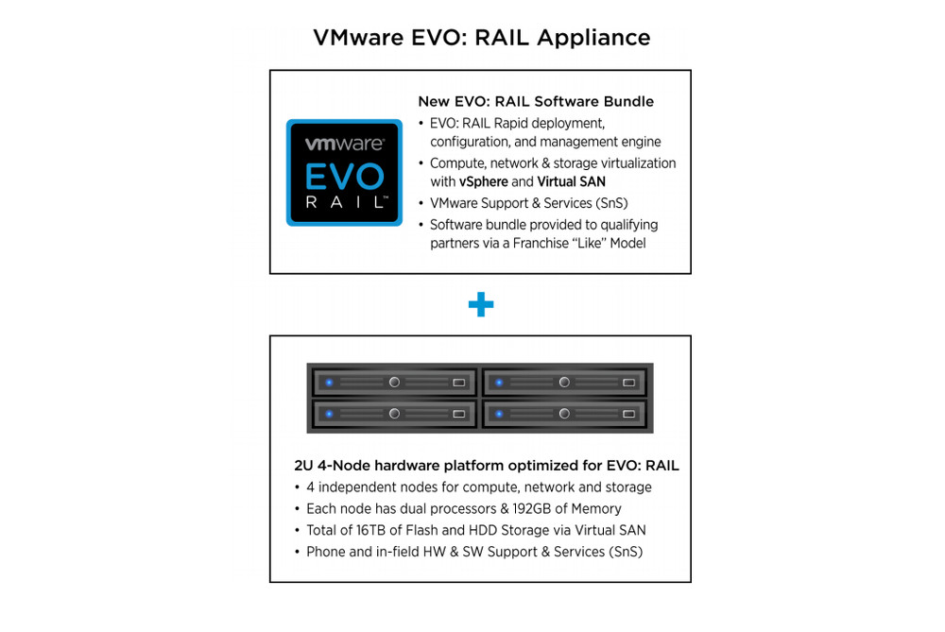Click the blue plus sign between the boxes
pyautogui.click(x=481, y=304)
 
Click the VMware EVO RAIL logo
pyautogui.click(x=344, y=173)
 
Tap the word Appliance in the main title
pyautogui.click(x=593, y=38)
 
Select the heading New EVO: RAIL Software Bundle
pyautogui.click(x=536, y=101)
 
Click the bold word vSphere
pyautogui.click(x=483, y=182)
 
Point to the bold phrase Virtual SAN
pyautogui.click(x=572, y=182)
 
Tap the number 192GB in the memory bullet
pyautogui.click(x=531, y=508)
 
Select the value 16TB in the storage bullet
pyautogui.click(x=370, y=530)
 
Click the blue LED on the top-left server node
pyautogui.click(x=329, y=383)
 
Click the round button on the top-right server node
pyautogui.click(x=564, y=382)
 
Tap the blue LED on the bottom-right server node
pyautogui.click(x=499, y=414)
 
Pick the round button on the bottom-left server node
pyautogui.click(x=394, y=414)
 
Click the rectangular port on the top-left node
pyautogui.click(x=458, y=383)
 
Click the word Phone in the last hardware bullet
pyautogui.click(x=325, y=552)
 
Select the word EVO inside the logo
pyautogui.click(x=344, y=177)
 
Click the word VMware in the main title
pyautogui.click(x=358, y=38)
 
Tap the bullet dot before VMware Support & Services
pyautogui.click(x=421, y=204)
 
